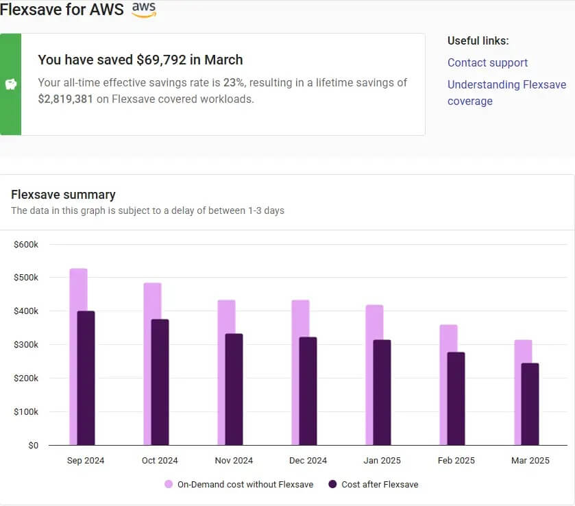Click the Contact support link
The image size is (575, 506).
pos(487,62)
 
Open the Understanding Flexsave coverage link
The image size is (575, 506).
pos(506,93)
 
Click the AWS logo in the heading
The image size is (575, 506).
pos(144,10)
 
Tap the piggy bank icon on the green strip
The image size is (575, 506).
pos(10,84)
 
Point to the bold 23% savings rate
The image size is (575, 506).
pos(234,82)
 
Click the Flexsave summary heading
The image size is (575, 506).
pos(63,194)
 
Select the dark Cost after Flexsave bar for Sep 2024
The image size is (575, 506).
pos(86,378)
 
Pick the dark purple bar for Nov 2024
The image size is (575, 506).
pos(234,389)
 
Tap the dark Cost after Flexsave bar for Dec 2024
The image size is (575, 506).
pos(308,391)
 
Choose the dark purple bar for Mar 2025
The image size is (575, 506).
pos(530,404)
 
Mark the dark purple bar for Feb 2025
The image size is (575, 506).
pos(456,398)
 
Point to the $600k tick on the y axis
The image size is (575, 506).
pos(26,244)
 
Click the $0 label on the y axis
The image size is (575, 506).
pos(33,445)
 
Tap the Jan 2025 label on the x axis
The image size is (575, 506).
pos(382,460)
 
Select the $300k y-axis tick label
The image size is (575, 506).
pos(26,345)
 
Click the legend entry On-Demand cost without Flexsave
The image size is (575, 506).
pos(238,484)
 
